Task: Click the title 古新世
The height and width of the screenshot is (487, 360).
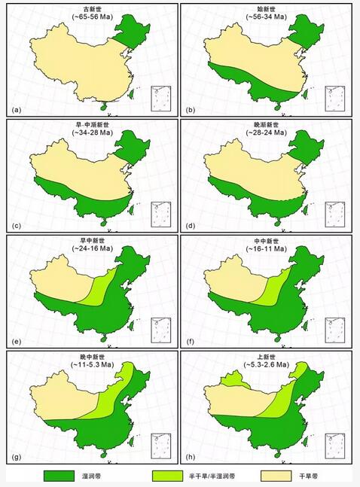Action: [x=91, y=8]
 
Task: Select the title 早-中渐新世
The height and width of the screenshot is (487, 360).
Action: [x=91, y=124]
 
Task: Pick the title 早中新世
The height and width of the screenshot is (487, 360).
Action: [x=91, y=240]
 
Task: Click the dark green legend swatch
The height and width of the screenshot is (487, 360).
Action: [x=60, y=476]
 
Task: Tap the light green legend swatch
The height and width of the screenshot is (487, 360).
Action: [x=169, y=476]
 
